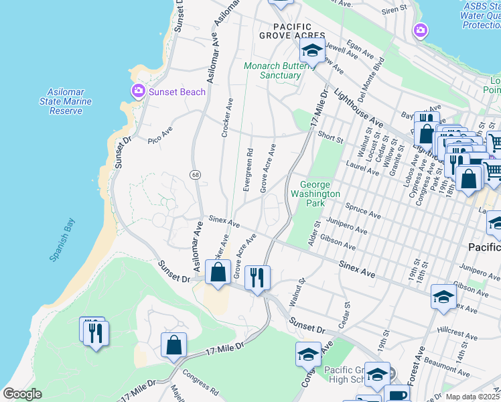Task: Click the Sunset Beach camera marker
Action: point(139,91)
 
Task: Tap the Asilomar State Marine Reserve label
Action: point(70,101)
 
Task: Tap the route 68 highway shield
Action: point(195,175)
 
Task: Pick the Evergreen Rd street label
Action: point(248,170)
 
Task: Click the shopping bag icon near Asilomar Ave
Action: point(218,273)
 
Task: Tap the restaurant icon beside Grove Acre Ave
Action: point(258,277)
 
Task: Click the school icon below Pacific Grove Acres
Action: point(311,50)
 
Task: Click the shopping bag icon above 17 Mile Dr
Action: point(173,345)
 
